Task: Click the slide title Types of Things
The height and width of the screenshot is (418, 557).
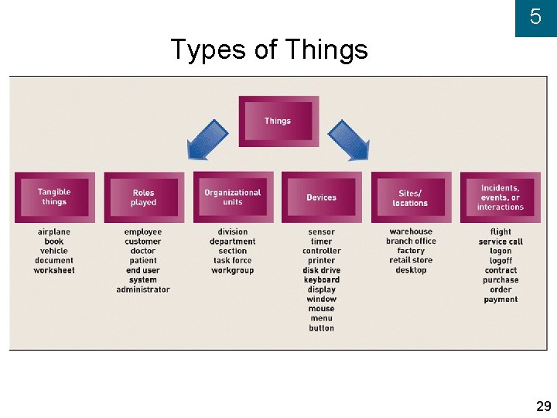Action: coord(268,50)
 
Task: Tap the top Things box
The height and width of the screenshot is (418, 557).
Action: coord(278,121)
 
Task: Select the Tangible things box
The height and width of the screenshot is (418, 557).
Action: coord(54,197)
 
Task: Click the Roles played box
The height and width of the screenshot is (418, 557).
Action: coord(143,197)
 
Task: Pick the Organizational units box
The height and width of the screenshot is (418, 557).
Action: coord(233,197)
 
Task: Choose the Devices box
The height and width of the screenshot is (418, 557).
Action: coord(321,197)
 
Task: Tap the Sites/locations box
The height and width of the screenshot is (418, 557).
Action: coord(410,197)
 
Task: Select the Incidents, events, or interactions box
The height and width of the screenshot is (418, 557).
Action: coord(500,197)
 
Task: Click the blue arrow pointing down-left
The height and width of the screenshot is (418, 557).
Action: coord(207,140)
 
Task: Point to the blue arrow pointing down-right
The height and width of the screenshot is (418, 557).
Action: coord(349,140)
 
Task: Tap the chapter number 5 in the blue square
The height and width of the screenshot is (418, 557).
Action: coord(535,18)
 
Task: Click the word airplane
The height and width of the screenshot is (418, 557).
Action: coord(54,232)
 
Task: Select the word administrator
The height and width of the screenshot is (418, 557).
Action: coord(143,290)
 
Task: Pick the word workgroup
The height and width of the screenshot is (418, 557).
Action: coord(233,270)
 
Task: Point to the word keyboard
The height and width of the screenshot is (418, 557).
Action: coord(321,279)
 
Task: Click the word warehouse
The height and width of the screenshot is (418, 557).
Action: coord(411,231)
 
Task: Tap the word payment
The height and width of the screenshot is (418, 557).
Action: coord(501,300)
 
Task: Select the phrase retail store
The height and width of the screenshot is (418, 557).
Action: coord(411,260)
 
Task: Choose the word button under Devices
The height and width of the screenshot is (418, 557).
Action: coord(321,328)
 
